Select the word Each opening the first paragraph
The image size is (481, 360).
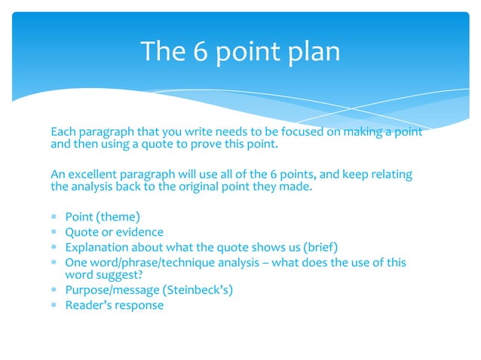[63, 133]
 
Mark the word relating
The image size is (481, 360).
[389, 175]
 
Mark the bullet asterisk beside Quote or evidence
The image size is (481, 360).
[54, 233]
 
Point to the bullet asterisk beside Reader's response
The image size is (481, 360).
[54, 306]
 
